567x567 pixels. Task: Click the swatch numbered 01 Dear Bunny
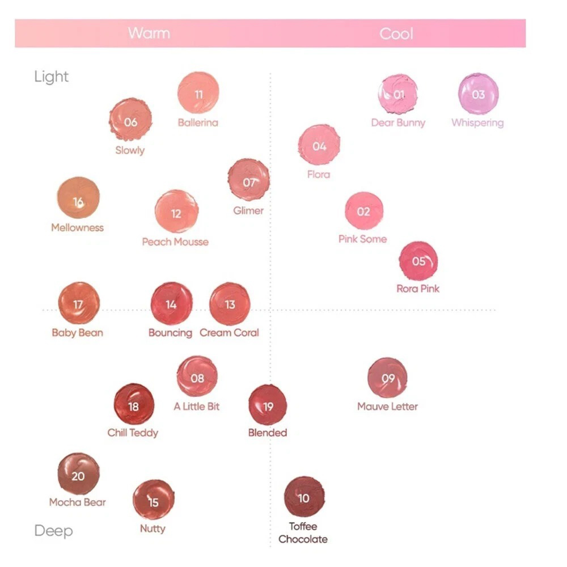coord(398,95)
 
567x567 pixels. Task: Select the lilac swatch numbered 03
coord(479,94)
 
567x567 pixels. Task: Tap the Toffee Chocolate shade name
coord(303,532)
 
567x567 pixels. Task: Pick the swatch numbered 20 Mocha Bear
coord(78,474)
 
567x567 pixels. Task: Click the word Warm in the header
coord(149,33)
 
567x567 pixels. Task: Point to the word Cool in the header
coord(396,33)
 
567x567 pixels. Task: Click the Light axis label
coord(51,77)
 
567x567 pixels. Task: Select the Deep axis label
coord(53,531)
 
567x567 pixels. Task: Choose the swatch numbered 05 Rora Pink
coord(418,261)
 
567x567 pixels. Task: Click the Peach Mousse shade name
coord(175,242)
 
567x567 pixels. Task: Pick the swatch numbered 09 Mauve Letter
coord(388,378)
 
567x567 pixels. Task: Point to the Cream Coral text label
coord(229,333)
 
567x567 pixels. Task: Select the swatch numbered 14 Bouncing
coord(171,304)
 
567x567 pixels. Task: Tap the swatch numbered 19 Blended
coord(268,405)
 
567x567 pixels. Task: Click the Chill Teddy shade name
coord(133,433)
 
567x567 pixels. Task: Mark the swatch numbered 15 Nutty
coord(153,500)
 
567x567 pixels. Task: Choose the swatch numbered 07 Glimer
coord(248,180)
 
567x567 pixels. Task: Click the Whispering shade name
coord(477,122)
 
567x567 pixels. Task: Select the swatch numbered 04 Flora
coord(319,145)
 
